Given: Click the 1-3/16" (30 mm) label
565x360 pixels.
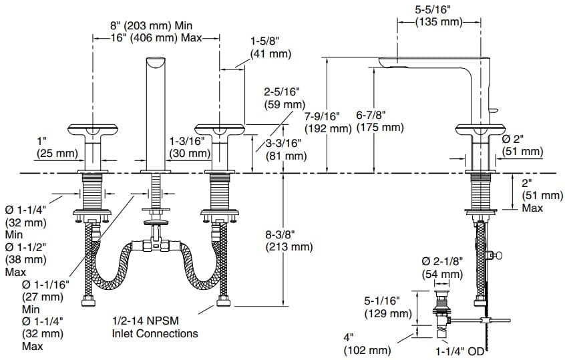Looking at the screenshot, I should coord(190,147).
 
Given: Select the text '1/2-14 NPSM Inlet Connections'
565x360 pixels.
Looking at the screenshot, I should coord(155,327).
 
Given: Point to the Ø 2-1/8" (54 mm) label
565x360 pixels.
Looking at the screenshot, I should coord(441,267).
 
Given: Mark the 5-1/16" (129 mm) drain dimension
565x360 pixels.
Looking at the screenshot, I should coord(387,307).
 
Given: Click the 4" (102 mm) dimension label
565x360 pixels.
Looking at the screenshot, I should coord(367,344).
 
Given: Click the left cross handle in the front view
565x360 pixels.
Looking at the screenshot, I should coord(91,130).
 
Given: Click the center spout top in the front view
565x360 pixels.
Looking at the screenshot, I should coord(156,64).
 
